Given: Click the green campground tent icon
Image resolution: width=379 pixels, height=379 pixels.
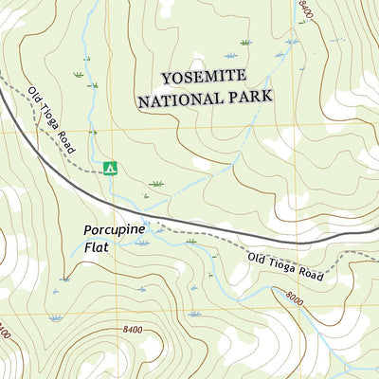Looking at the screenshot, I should tap(110, 168).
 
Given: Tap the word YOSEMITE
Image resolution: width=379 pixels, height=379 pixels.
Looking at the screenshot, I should tap(203, 76).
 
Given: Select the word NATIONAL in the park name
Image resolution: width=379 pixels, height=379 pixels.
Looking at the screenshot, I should tap(177, 98).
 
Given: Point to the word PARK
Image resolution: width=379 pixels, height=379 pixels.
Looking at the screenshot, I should tap(247, 97).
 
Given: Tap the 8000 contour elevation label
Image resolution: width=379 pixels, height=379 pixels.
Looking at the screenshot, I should tap(295, 298).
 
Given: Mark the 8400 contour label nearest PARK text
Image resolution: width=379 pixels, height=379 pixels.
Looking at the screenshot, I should tap(305, 10).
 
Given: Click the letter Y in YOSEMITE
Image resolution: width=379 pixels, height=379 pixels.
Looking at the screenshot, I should tap(166, 76).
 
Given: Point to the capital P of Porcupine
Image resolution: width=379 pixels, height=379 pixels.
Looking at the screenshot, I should tap(88, 230).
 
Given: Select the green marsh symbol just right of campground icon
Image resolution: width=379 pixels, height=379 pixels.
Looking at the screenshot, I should tap(156, 182).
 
